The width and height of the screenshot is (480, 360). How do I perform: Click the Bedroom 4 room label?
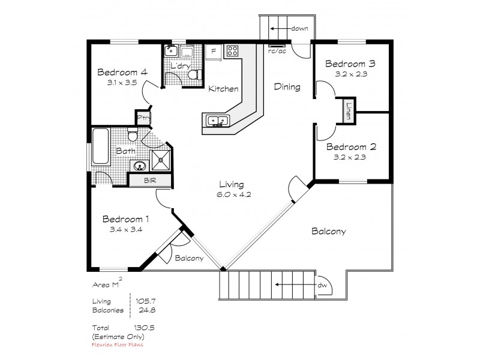[122, 73]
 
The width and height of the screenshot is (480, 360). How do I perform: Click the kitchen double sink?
[217, 122]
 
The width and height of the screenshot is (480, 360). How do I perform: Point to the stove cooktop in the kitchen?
[233, 51]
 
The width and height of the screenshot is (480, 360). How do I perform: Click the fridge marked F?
[213, 52]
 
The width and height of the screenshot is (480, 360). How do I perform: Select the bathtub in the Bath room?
[100, 146]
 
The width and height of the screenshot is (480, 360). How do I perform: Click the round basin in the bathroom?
[140, 166]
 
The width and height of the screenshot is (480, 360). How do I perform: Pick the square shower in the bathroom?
[161, 159]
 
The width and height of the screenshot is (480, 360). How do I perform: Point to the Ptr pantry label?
[143, 118]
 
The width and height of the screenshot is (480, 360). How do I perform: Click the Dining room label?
[287, 87]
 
